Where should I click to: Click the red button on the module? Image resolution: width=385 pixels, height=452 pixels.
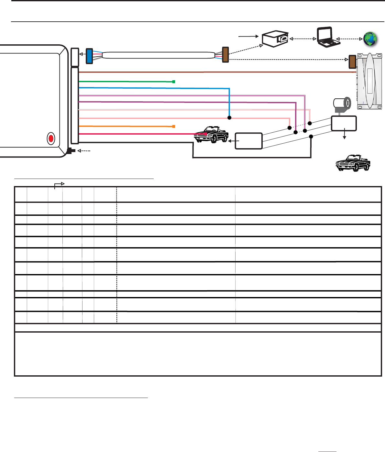tap(51, 138)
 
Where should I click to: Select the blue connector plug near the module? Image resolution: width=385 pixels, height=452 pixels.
tap(89, 56)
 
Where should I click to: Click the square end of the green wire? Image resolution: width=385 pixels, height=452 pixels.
tap(174, 82)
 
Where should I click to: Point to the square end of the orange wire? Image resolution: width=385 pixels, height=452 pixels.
tap(174, 126)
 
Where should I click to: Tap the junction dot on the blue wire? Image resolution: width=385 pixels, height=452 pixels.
tap(229, 118)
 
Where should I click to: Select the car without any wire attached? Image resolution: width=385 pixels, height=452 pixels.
tap(353, 163)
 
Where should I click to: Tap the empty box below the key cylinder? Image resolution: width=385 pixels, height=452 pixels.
tap(344, 123)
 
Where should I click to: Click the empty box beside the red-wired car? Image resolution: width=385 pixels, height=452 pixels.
tap(248, 141)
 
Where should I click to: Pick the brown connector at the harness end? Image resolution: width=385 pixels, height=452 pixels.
tap(225, 55)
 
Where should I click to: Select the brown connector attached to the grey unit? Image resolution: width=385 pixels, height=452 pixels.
tap(352, 62)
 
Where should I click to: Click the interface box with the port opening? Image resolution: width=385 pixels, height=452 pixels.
tap(275, 39)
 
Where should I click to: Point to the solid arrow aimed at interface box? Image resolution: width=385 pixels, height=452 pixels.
tap(248, 37)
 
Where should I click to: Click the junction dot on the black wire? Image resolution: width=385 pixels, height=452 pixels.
tap(311, 137)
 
